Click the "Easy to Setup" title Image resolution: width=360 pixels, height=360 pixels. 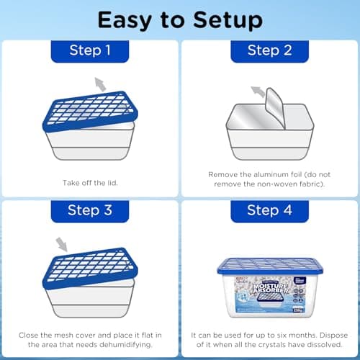tap(180, 20)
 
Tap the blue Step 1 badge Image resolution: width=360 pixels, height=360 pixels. tap(89, 50)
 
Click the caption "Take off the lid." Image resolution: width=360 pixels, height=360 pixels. tap(89, 184)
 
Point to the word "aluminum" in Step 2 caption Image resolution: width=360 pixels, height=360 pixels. tap(257, 175)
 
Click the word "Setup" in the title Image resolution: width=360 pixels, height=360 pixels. tap(231, 20)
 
